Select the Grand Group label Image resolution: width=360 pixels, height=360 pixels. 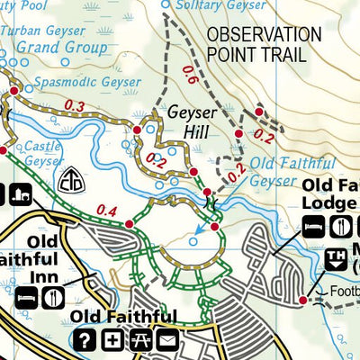pyautogui.click(x=61, y=46)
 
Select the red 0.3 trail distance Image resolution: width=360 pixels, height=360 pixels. pyautogui.click(x=76, y=107)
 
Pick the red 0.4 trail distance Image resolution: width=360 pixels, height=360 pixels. pyautogui.click(x=106, y=211)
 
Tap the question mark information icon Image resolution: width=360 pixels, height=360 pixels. pyautogui.click(x=85, y=340)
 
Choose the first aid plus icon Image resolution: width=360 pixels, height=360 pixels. pyautogui.click(x=112, y=340)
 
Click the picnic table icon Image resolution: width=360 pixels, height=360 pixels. pyautogui.click(x=139, y=340)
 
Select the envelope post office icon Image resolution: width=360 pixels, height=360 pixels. pyautogui.click(x=166, y=340)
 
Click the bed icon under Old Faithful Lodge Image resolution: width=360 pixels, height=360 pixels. pyautogui.click(x=313, y=226)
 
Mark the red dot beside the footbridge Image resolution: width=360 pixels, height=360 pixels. pyautogui.click(x=303, y=300)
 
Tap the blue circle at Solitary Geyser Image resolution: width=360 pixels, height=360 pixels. pyautogui.click(x=165, y=6)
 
